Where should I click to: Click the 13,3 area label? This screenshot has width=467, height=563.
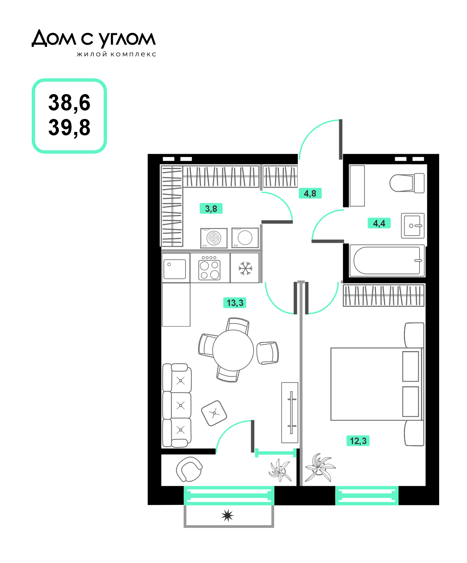[x=234, y=303]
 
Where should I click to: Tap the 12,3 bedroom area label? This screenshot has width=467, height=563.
[x=358, y=441]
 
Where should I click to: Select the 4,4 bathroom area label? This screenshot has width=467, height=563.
[x=379, y=223]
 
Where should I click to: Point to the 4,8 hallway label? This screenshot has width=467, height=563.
[x=310, y=193]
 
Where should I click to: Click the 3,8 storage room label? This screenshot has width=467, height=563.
[x=211, y=208]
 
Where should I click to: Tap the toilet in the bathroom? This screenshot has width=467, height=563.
[x=407, y=183]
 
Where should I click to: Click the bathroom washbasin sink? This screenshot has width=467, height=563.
[x=413, y=226]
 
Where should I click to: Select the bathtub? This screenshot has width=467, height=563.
[x=387, y=261]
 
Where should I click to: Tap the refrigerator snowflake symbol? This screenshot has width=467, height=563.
[x=246, y=268]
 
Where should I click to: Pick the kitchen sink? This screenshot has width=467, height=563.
[x=175, y=269]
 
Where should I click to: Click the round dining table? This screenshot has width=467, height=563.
[x=233, y=350]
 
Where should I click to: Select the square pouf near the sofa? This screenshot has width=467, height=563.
[x=214, y=413]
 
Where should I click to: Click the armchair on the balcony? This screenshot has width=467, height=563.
[x=189, y=469]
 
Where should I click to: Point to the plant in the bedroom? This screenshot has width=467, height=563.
[x=320, y=467]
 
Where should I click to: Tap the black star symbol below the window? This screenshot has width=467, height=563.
[x=227, y=516]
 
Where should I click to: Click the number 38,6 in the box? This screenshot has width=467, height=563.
[x=69, y=103]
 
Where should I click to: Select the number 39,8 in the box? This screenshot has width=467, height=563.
[x=69, y=127]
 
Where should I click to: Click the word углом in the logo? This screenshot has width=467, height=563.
[x=127, y=39]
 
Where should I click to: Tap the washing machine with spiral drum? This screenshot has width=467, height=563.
[x=214, y=238]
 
